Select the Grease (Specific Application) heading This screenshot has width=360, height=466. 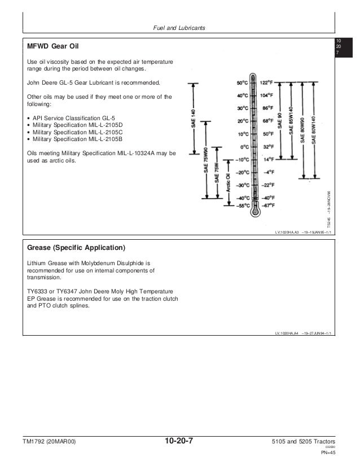(x=76, y=247)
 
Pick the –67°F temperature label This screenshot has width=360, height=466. (x=269, y=206)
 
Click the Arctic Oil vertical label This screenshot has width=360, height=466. (x=228, y=183)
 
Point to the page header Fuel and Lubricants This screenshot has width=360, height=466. (x=179, y=28)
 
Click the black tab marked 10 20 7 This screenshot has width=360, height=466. (x=339, y=47)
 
